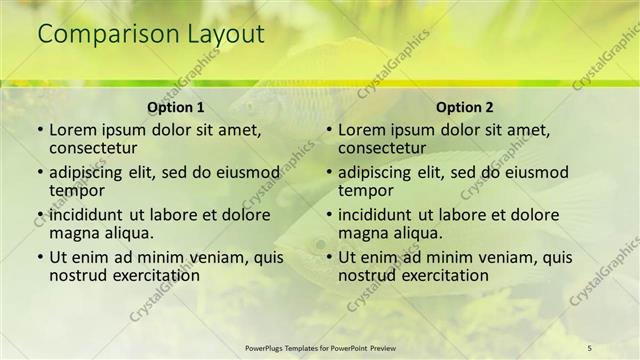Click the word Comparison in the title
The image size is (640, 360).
pos(109,35)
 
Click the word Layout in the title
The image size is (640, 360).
pos(225,35)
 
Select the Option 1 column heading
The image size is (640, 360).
pos(176,107)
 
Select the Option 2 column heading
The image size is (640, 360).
pos(465,107)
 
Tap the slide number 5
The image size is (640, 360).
pos(590,347)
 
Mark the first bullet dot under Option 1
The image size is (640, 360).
pos(39,130)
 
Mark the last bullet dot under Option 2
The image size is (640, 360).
pos(328,257)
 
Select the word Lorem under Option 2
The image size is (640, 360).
pos(361,130)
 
